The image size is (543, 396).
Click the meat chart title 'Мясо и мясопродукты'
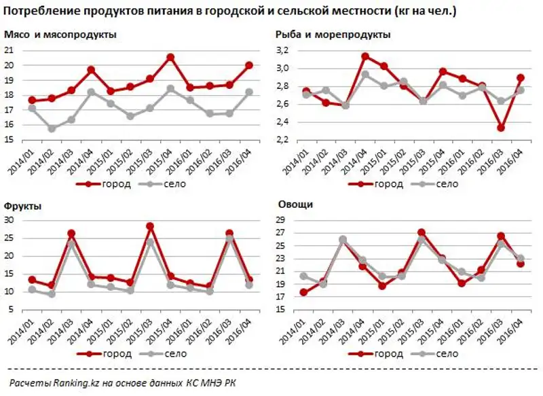click(x=59, y=35)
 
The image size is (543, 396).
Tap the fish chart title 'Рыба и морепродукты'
click(x=333, y=35)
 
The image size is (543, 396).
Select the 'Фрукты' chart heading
click(x=23, y=204)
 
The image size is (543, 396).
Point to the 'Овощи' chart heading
click(x=293, y=204)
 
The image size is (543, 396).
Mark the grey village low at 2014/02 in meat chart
click(x=52, y=128)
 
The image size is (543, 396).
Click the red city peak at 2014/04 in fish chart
click(x=365, y=56)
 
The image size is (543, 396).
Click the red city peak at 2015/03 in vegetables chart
click(x=422, y=233)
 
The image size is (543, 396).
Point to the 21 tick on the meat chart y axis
click(x=9, y=50)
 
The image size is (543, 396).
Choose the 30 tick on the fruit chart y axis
click(x=9, y=220)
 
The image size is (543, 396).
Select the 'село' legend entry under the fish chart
click(x=447, y=183)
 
